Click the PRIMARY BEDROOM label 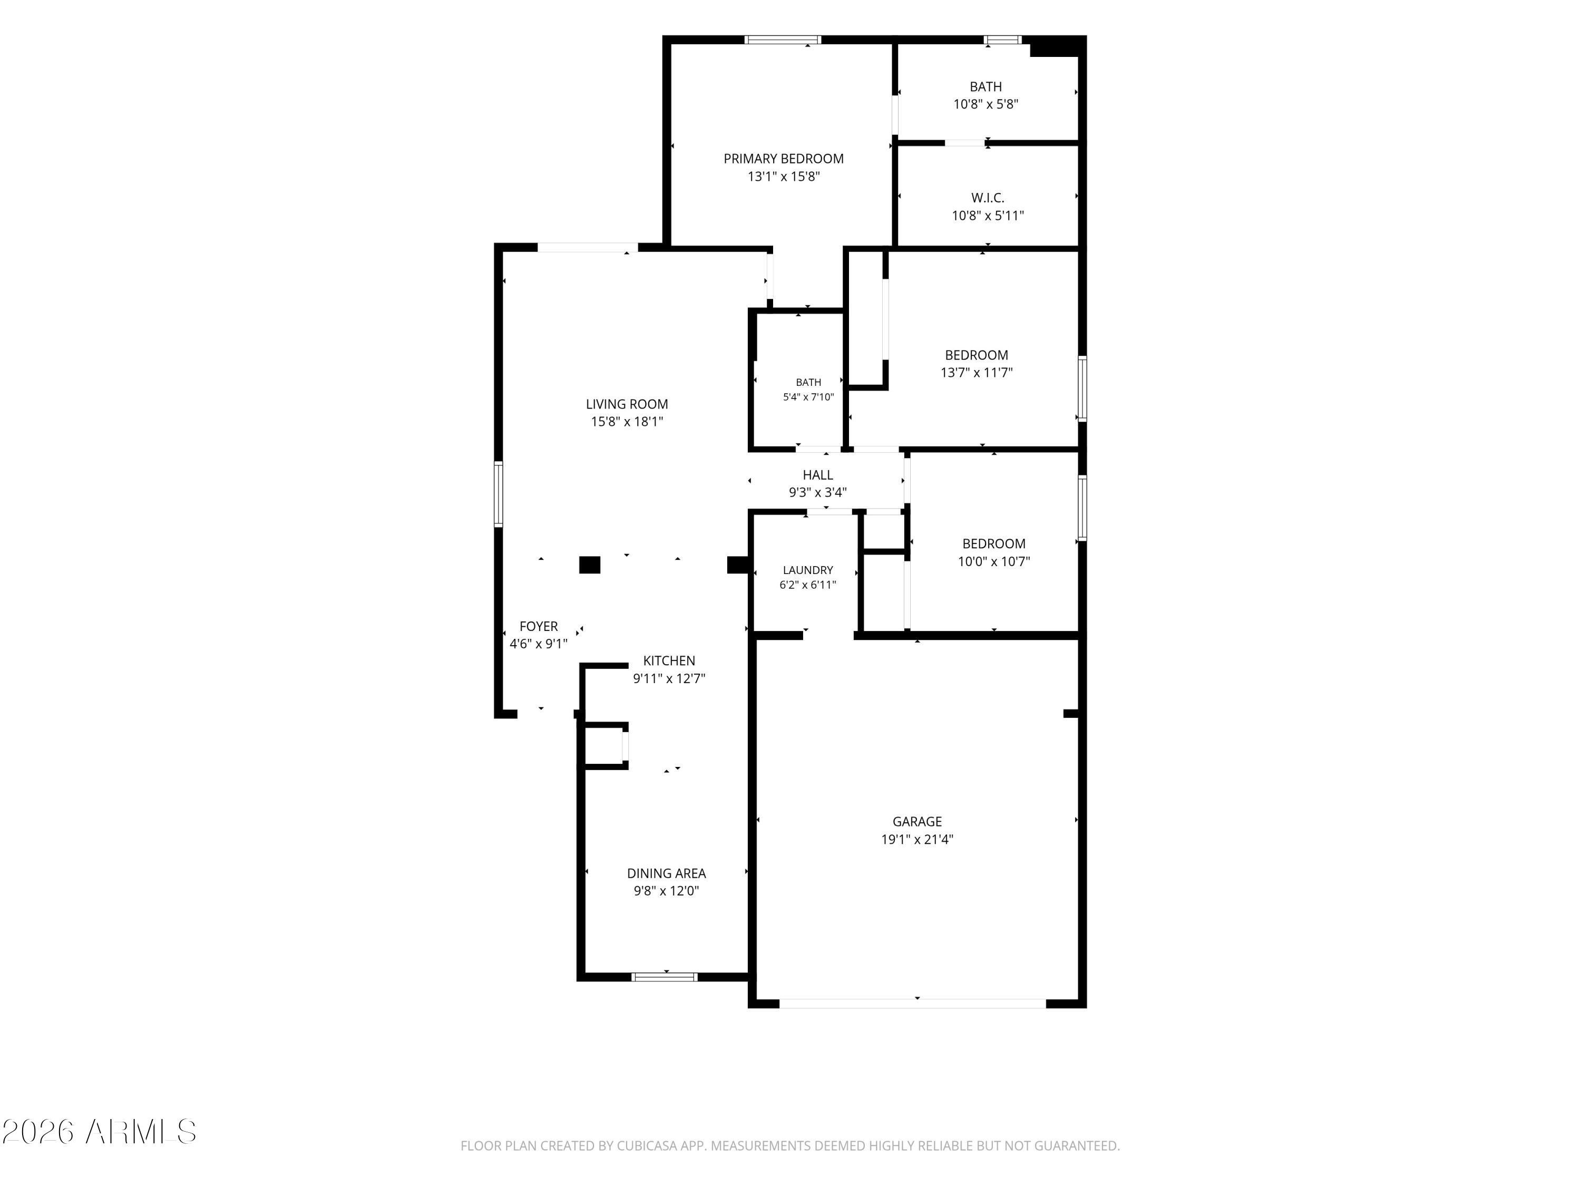click(x=783, y=159)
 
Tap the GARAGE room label click(x=917, y=821)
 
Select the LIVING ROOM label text click(x=627, y=404)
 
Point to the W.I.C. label click(x=988, y=198)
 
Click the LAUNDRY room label click(x=808, y=570)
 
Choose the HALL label click(x=818, y=475)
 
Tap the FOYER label click(x=538, y=626)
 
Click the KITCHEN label click(x=669, y=660)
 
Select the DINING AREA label click(x=666, y=873)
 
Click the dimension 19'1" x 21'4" click(x=917, y=839)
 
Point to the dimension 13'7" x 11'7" click(x=977, y=373)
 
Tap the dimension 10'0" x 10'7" click(x=993, y=561)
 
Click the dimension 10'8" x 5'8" click(x=985, y=104)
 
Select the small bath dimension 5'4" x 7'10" click(x=808, y=397)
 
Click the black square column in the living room click(x=589, y=565)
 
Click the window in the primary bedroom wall click(x=783, y=40)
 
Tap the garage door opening click(x=913, y=1003)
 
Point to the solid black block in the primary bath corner click(x=1057, y=46)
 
